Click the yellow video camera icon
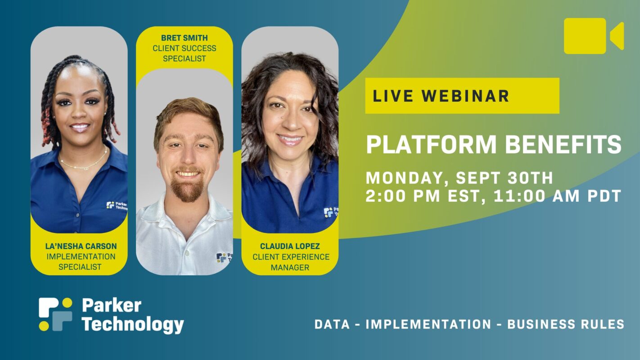tap(594, 36)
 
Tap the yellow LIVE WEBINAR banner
tap(462, 96)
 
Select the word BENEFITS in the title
tap(563, 144)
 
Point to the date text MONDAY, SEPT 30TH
tap(460, 178)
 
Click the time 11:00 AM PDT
tap(558, 196)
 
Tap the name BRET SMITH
tap(184, 38)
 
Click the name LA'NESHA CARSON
tap(81, 246)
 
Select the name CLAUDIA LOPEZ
tap(290, 246)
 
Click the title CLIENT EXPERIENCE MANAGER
tap(291, 262)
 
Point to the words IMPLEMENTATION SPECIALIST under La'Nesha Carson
tap(81, 262)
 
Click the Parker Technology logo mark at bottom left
tap(55, 314)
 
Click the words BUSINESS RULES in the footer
tap(566, 324)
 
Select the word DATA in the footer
tap(332, 324)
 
